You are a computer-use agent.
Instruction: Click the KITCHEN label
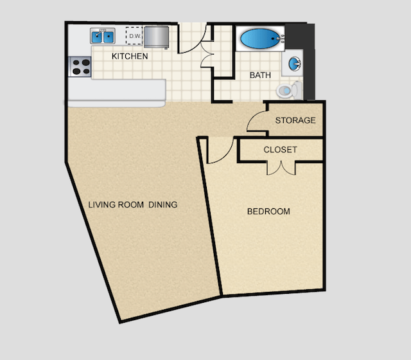click(130, 57)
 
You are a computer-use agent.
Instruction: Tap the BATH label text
click(260, 75)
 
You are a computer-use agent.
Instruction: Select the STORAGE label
click(295, 120)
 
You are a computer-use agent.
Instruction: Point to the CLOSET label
click(281, 150)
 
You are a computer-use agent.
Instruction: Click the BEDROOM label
click(268, 212)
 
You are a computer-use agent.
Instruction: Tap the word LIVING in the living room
click(103, 205)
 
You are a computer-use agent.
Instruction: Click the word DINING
click(163, 205)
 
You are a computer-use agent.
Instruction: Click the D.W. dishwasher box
click(134, 36)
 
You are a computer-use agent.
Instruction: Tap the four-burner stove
click(80, 66)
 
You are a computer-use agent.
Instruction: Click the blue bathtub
click(259, 39)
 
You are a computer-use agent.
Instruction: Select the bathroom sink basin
click(295, 64)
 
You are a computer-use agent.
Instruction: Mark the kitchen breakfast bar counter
click(117, 91)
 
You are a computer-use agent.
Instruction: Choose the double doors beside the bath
click(207, 51)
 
